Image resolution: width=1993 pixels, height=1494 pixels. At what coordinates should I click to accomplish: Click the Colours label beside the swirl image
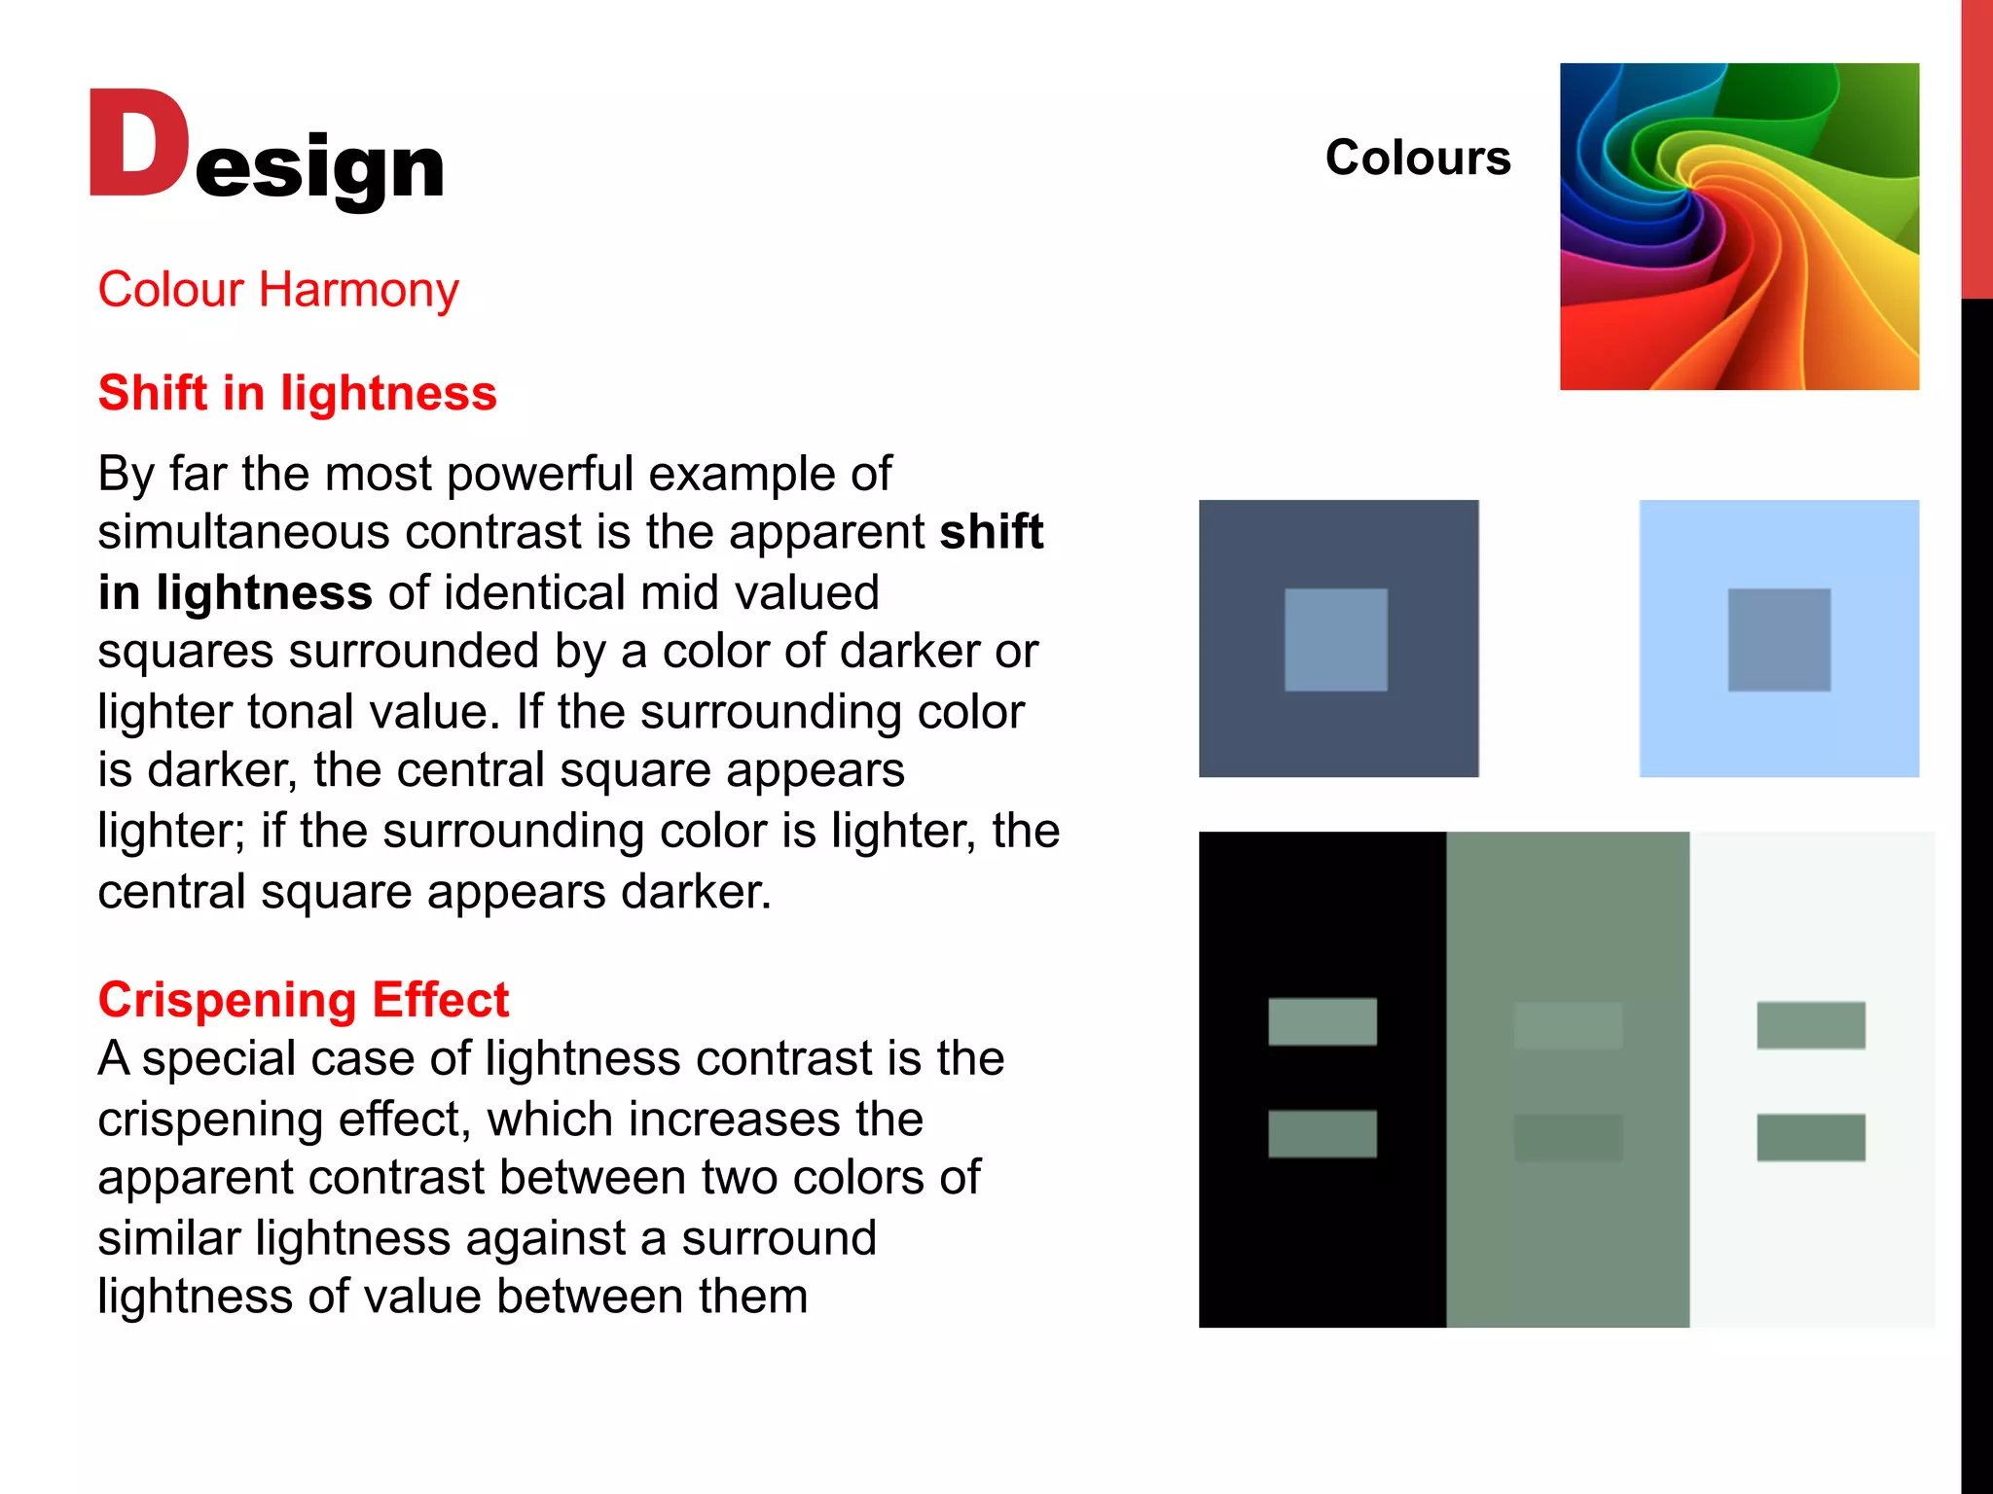click(1417, 158)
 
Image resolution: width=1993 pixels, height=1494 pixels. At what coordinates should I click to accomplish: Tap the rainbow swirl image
click(1739, 227)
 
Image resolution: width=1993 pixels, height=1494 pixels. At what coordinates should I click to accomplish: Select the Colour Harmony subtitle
click(278, 290)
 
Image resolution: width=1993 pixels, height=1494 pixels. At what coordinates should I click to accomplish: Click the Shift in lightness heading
click(297, 393)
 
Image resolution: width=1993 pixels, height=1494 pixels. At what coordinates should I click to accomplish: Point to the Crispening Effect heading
click(303, 1000)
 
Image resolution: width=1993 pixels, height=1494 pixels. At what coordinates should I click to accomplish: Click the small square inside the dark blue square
click(1335, 640)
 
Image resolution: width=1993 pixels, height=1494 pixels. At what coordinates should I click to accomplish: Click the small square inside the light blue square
click(1779, 640)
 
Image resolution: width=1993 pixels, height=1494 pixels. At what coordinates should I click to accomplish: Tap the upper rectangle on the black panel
click(1322, 1021)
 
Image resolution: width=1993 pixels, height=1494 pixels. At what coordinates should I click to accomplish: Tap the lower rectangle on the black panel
click(1322, 1134)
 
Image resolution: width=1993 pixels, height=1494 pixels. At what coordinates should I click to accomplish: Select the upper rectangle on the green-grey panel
click(1568, 1025)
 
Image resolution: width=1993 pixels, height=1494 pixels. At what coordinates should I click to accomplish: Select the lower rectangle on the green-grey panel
click(1568, 1137)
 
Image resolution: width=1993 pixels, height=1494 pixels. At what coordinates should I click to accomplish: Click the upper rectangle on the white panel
click(1810, 1025)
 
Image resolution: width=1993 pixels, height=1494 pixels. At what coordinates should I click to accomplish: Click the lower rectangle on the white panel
click(1810, 1137)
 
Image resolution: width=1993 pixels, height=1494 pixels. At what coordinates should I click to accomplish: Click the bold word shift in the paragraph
click(991, 532)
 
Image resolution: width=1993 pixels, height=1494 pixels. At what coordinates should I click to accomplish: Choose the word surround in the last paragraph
click(779, 1238)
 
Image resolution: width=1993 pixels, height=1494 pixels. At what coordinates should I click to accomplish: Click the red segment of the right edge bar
click(1976, 146)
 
